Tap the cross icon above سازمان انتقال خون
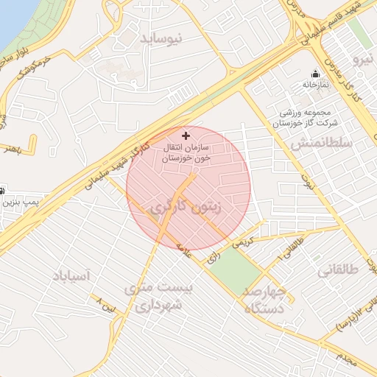[x=186, y=135]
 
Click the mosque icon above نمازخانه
[x=316, y=74]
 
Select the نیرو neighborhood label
[x=364, y=57]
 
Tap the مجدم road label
[x=348, y=360]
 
